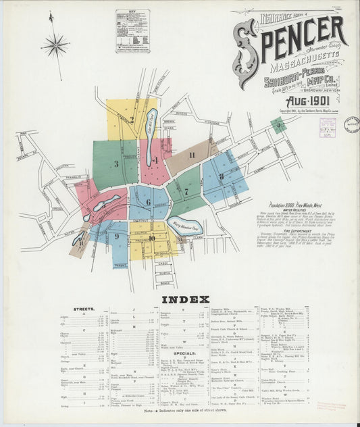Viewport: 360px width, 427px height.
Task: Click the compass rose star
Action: pos(55,47)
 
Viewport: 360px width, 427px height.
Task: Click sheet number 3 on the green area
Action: pos(115,163)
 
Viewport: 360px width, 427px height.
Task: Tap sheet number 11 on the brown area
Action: pos(192,155)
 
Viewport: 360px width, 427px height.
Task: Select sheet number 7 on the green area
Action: pos(186,191)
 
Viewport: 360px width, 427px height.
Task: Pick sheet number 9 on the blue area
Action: pos(117,236)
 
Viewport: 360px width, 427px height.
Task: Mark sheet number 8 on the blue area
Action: pos(221,176)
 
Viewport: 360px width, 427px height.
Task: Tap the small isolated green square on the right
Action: pos(278,125)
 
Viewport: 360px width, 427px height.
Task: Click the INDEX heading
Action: pos(180,299)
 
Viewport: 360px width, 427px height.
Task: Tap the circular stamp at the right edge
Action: pos(351,125)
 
